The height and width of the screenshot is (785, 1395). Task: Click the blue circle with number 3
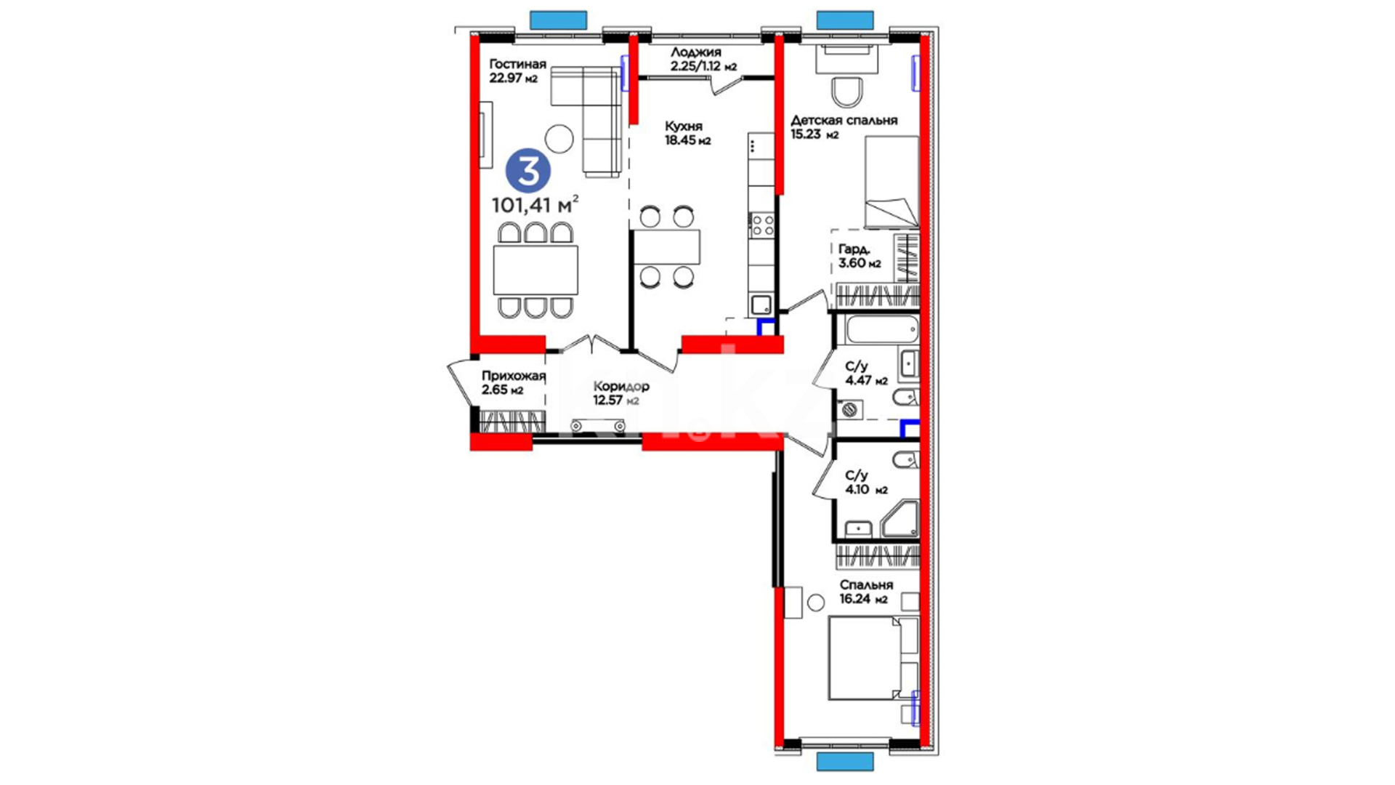click(x=528, y=171)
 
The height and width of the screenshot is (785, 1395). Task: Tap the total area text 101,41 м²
click(x=535, y=204)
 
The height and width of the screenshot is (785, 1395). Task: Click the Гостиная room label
click(x=517, y=64)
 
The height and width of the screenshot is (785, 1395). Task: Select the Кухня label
click(x=684, y=126)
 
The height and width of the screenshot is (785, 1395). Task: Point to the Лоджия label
click(x=696, y=52)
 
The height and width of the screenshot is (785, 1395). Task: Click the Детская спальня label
click(x=844, y=120)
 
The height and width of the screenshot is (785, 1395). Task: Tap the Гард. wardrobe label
click(x=854, y=249)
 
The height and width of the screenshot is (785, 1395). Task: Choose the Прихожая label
click(x=513, y=377)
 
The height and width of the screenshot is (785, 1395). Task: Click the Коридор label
click(x=621, y=387)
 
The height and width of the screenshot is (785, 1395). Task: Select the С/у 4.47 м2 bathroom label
click(x=866, y=374)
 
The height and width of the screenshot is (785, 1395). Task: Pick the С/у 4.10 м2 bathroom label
click(x=866, y=483)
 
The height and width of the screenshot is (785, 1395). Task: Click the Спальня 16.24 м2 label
click(x=866, y=592)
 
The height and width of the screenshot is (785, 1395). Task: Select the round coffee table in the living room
click(x=559, y=138)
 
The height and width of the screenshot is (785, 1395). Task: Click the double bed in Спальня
click(x=874, y=659)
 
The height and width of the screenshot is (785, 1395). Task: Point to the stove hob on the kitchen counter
click(x=761, y=225)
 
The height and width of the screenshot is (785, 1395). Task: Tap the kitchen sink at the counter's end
click(x=761, y=305)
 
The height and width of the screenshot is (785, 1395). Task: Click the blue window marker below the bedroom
click(x=845, y=761)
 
